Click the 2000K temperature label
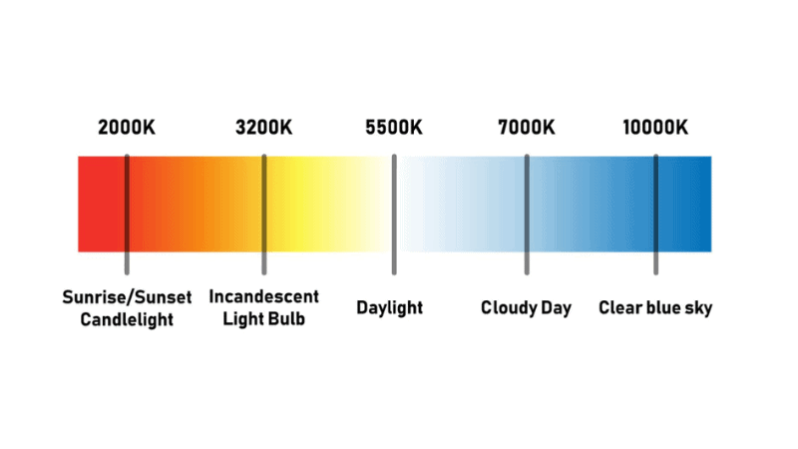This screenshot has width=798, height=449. coord(127,128)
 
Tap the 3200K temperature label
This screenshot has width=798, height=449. coord(264,128)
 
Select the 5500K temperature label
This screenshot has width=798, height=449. coord(394,128)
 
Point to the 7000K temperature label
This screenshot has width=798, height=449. coord(526,128)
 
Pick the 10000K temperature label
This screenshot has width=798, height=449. coord(655,128)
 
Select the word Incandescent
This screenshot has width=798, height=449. coord(264,297)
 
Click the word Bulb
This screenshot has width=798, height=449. coord(285,319)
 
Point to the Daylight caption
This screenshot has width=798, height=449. coord(390,307)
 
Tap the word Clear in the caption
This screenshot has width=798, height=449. coord(619,307)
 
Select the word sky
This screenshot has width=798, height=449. coord(698,307)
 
